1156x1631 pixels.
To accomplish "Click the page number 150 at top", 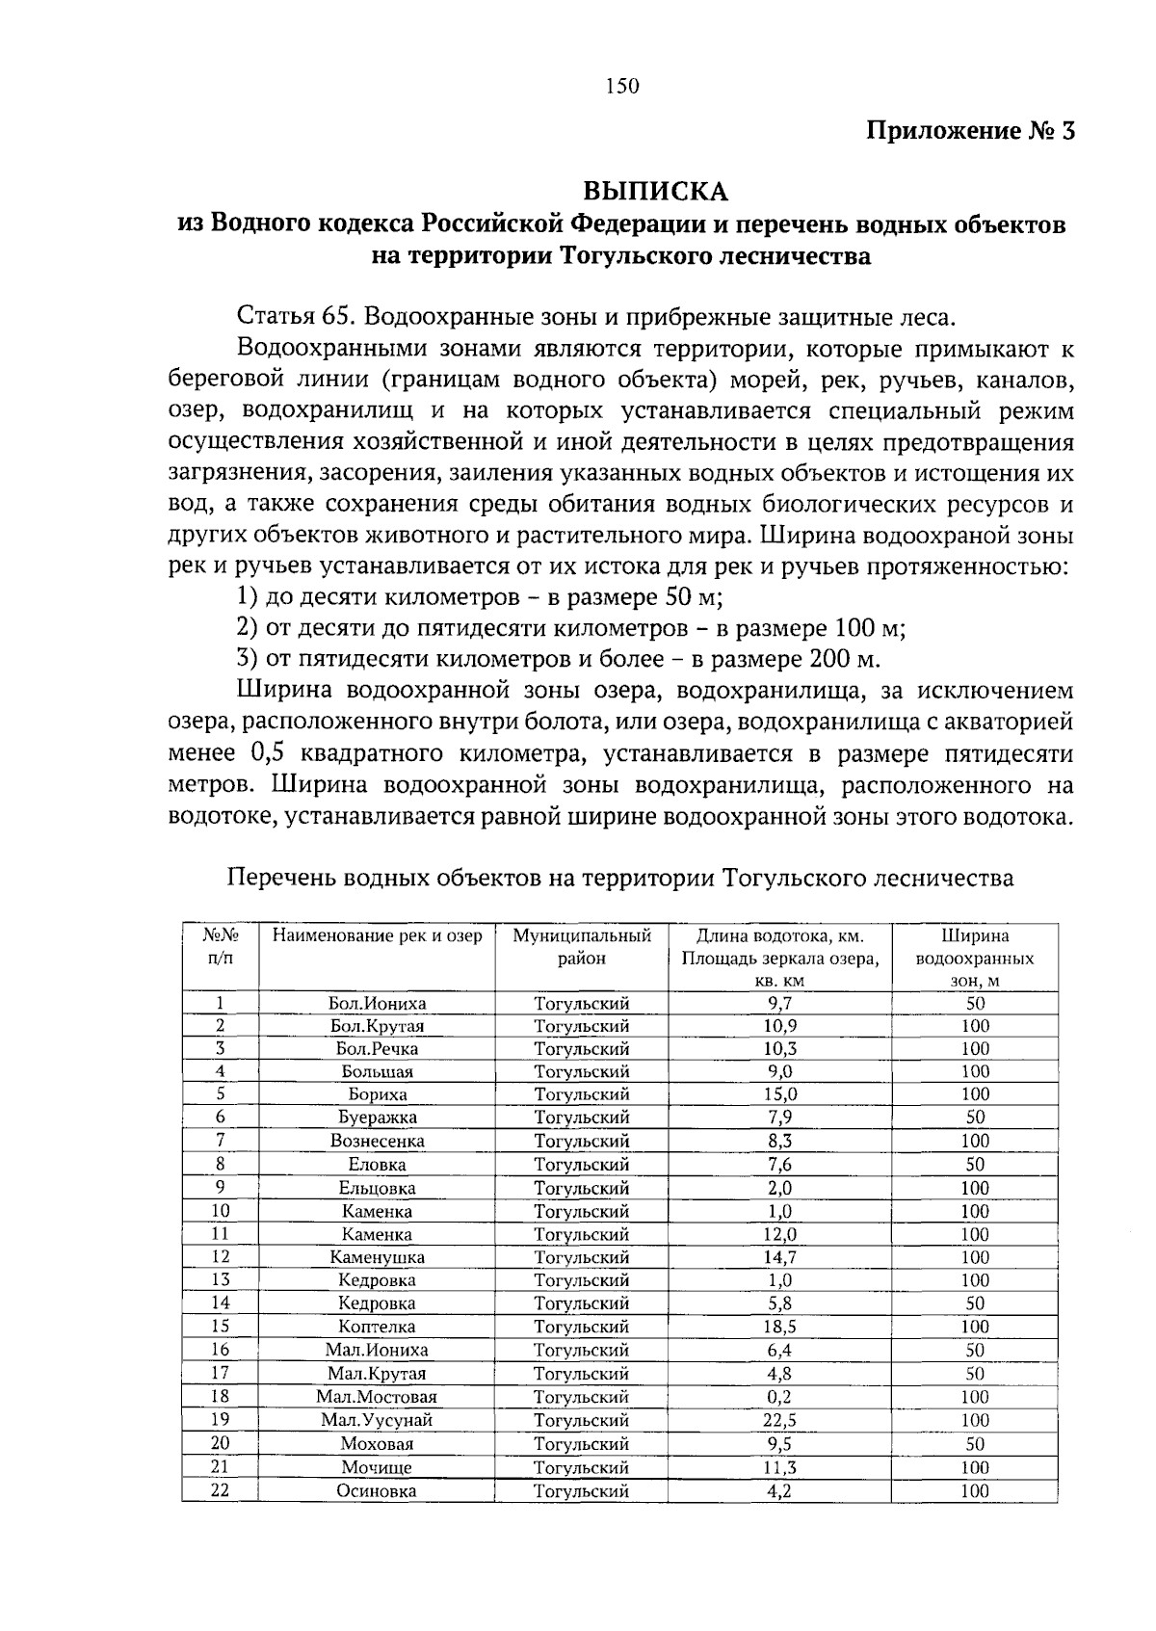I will point(622,87).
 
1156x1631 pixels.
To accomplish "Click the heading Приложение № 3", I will point(970,130).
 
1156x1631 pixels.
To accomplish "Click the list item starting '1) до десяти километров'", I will point(479,597).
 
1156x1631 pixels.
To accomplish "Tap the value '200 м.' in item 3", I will point(841,659).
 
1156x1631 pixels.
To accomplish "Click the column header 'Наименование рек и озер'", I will point(377,936).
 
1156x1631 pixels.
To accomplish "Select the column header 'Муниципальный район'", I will point(582,947).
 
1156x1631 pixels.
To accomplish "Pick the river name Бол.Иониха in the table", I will point(377,1004).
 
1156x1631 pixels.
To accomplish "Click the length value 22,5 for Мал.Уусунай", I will point(779,1421).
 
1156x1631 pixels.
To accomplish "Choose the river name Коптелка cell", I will point(377,1328).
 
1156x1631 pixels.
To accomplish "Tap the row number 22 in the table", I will point(220,1490).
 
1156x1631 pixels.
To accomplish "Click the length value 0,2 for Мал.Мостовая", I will point(779,1398).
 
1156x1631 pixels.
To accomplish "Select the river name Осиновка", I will point(377,1491).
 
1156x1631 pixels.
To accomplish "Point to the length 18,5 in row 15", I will point(779,1328).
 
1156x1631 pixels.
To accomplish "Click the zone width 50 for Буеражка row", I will point(975,1118).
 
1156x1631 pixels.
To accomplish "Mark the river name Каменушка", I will point(377,1257).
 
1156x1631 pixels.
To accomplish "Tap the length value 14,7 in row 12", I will point(779,1257).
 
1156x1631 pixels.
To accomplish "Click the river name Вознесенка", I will point(377,1142).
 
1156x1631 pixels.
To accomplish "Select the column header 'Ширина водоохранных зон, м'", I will point(975,959).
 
